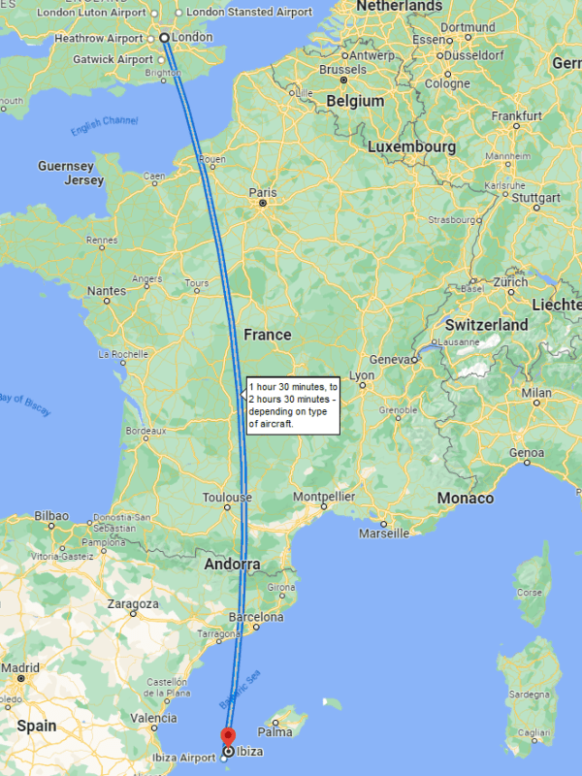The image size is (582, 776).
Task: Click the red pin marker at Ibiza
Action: [x=229, y=737]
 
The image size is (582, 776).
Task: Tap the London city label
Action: [x=192, y=37]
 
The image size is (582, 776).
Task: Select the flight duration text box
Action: [x=292, y=404]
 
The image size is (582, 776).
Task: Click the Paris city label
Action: [x=262, y=192]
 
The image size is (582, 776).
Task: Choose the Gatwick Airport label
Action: [x=113, y=59]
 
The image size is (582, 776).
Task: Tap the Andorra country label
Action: [x=232, y=564]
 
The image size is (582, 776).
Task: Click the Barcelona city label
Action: [x=255, y=617]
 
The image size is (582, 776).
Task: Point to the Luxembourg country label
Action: [x=411, y=146]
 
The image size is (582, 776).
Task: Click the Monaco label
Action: [x=466, y=498]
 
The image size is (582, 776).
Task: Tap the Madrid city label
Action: [x=20, y=667]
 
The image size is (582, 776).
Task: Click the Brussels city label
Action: [x=342, y=70]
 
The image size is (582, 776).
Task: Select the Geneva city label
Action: [x=391, y=359]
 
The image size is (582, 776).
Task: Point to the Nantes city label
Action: [x=106, y=290]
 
